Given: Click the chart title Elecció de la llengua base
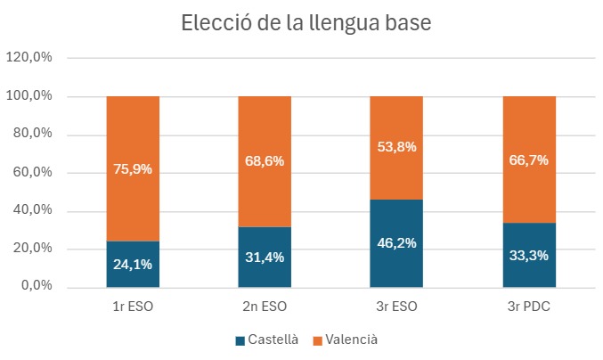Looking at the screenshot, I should [306, 24].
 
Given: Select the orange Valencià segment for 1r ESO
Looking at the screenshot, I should [133, 143].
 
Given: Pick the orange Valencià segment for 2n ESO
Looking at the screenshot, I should [265, 134].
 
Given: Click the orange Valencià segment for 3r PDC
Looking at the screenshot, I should [529, 134].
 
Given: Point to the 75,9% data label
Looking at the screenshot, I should [133, 168].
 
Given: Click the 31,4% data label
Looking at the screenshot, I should [265, 257].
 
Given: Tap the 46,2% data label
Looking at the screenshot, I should [396, 242].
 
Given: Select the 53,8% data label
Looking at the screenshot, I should [396, 147].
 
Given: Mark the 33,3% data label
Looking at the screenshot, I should [529, 255].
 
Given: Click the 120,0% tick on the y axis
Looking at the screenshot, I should [30, 58].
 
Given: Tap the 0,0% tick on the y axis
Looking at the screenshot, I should [37, 287].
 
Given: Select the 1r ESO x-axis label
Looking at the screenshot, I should [133, 308].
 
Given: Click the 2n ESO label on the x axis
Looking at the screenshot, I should [265, 308].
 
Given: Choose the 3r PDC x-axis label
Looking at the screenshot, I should [529, 308].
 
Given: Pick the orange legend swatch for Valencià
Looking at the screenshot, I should [317, 340].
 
